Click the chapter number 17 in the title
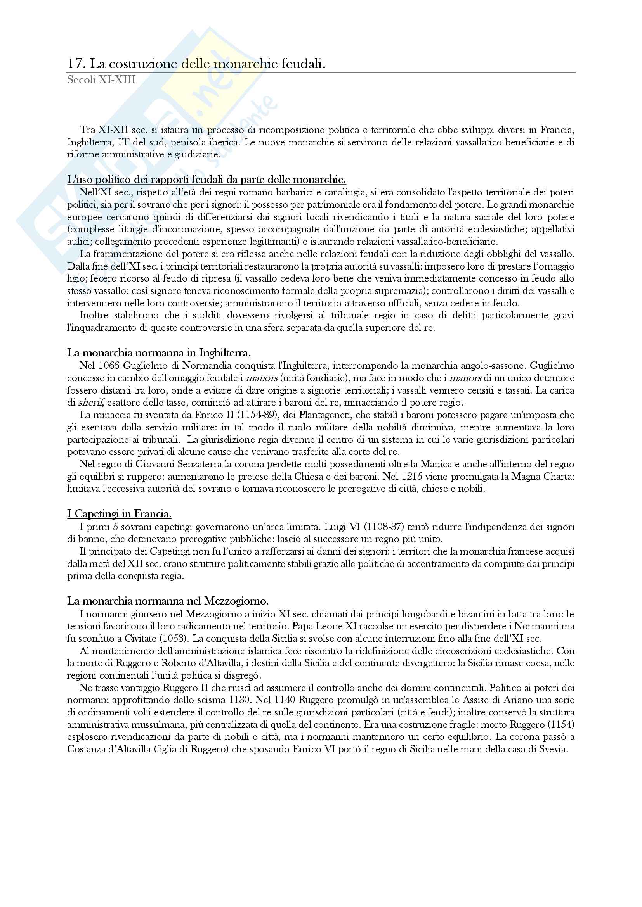click(x=74, y=64)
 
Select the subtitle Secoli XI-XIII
click(x=101, y=80)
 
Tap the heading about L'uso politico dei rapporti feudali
click(x=206, y=180)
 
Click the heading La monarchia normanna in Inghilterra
click(x=159, y=353)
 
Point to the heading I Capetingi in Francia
click(x=119, y=514)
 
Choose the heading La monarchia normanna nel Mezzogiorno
click(x=168, y=601)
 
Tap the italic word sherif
click(x=88, y=403)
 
